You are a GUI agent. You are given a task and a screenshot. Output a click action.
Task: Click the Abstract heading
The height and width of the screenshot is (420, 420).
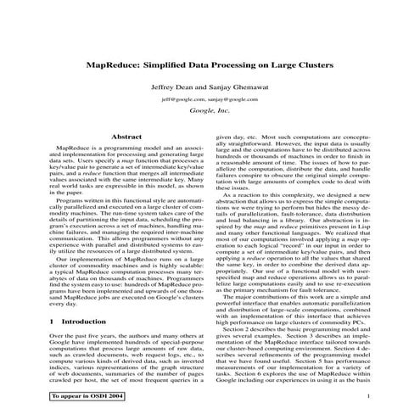coord(126,136)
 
